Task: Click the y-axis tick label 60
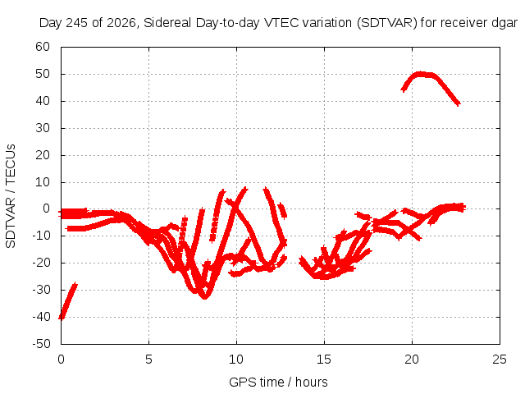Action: tap(43, 47)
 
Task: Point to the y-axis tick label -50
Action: tap(42, 344)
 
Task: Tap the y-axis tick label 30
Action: tap(43, 128)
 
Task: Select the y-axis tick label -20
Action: tap(42, 263)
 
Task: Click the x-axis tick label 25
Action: tap(500, 360)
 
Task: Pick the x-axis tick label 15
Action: tap(324, 360)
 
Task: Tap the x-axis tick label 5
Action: tap(148, 360)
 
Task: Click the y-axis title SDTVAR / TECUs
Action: tap(11, 196)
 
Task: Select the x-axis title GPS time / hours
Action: tap(278, 382)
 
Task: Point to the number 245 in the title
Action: tap(77, 23)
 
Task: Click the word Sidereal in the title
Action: tap(167, 23)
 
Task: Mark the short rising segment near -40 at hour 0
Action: tap(68, 301)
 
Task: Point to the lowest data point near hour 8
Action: tap(204, 297)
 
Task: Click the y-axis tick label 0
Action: tap(46, 208)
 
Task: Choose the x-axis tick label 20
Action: tap(412, 360)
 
